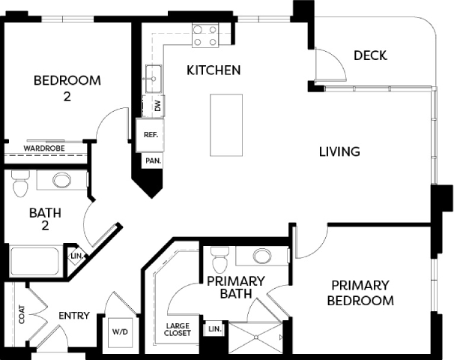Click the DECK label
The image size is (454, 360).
click(370, 55)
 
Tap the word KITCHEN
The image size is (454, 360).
click(214, 70)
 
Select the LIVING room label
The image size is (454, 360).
click(339, 151)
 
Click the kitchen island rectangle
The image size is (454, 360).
click(226, 125)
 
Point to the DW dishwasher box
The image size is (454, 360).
click(154, 106)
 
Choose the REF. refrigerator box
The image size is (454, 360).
click(150, 135)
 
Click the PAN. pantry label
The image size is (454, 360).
click(153, 160)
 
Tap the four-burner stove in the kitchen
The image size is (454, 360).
click(205, 36)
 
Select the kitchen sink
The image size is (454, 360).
click(154, 79)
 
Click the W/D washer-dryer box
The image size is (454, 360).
click(120, 332)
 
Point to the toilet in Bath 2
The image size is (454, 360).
click(20, 184)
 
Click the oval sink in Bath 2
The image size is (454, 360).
click(61, 180)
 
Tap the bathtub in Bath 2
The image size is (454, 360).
click(34, 262)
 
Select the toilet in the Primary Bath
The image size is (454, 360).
click(220, 259)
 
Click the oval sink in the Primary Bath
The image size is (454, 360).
click(262, 256)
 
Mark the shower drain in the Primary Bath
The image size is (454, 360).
click(256, 337)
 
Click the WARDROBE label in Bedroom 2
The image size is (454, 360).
click(44, 148)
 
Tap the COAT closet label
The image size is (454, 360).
click(22, 314)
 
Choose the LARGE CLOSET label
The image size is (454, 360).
click(178, 329)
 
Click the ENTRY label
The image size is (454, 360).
click(74, 316)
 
